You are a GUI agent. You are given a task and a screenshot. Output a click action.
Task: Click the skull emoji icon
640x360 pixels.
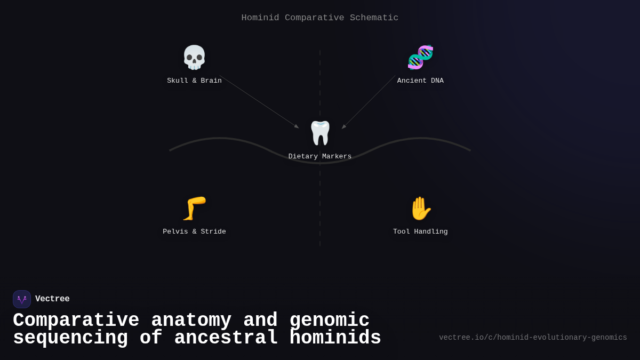click(x=194, y=58)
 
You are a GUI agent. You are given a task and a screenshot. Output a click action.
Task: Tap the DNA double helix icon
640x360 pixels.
click(x=420, y=58)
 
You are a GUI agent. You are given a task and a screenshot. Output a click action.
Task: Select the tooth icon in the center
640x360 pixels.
click(x=320, y=133)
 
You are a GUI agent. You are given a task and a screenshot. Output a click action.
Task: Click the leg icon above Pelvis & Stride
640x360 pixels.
click(x=194, y=209)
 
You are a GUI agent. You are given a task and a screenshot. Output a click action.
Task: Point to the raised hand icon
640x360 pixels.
click(x=420, y=209)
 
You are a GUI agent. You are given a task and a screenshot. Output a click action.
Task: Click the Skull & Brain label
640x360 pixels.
click(x=194, y=81)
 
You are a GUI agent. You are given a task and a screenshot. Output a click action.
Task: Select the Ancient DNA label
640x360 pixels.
click(x=420, y=81)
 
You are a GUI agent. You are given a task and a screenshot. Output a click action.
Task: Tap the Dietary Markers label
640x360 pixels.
click(x=320, y=157)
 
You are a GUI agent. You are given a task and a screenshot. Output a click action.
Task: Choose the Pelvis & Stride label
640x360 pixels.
click(x=194, y=232)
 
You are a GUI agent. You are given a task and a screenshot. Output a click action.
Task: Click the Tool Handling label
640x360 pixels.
click(x=420, y=232)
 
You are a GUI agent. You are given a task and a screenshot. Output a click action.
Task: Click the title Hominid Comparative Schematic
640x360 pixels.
click(x=320, y=18)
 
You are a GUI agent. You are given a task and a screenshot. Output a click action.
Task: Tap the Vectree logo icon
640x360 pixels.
click(x=22, y=299)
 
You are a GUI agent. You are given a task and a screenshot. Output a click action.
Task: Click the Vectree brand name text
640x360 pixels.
click(x=52, y=299)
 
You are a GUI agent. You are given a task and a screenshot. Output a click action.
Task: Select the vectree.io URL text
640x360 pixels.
click(x=533, y=338)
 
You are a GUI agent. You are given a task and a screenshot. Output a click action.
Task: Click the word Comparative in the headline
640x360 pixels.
click(x=76, y=321)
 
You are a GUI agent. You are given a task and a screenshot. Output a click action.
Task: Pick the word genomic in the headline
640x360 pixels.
click(x=329, y=321)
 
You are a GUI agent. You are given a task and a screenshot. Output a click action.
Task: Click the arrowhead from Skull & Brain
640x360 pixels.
click(x=297, y=126)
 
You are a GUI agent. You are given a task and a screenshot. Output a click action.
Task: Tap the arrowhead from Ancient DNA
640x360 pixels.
click(x=344, y=126)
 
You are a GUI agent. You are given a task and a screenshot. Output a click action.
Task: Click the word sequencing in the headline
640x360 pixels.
click(x=70, y=338)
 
